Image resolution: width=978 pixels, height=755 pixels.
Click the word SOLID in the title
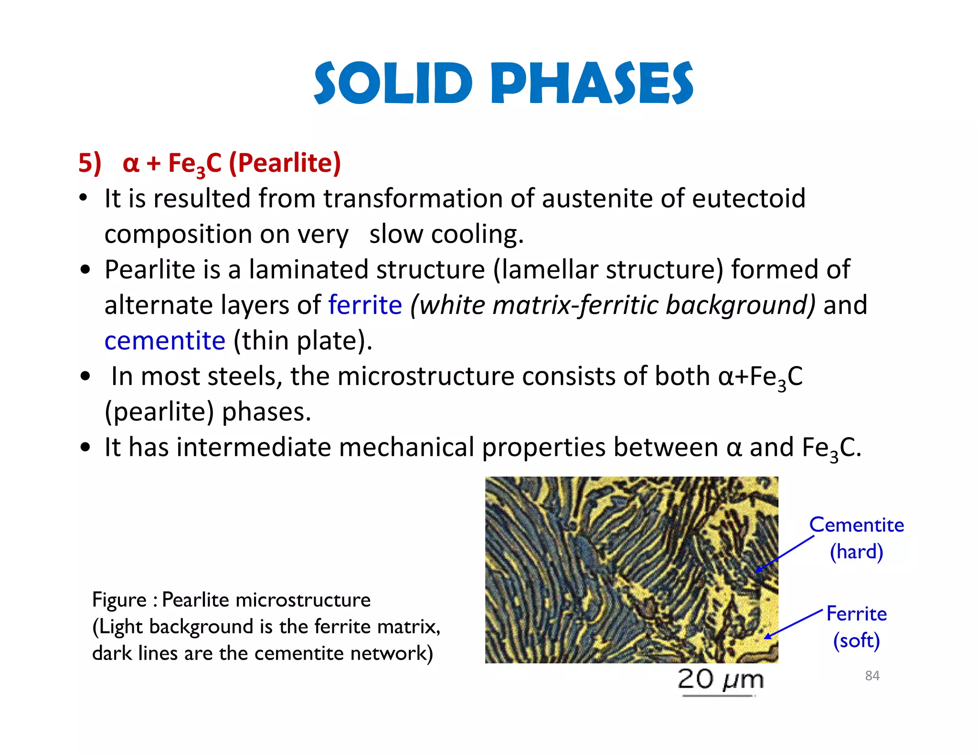pyautogui.click(x=393, y=84)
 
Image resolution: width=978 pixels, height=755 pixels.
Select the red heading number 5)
pyautogui.click(x=90, y=163)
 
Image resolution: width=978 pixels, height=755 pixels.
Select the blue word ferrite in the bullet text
pyautogui.click(x=365, y=305)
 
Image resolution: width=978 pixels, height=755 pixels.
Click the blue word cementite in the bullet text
pyautogui.click(x=165, y=341)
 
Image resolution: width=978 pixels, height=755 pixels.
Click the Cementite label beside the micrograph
pyautogui.click(x=856, y=525)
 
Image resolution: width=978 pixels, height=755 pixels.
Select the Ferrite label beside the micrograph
pyautogui.click(x=856, y=614)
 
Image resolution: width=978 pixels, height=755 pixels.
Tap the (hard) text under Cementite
pyautogui.click(x=856, y=552)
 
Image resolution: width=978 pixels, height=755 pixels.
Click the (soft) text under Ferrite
pyautogui.click(x=856, y=640)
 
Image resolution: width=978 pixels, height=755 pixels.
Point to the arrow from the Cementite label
pyautogui.click(x=786, y=554)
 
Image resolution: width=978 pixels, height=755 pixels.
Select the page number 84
pyautogui.click(x=872, y=676)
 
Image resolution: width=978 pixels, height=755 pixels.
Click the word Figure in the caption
pyautogui.click(x=119, y=600)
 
